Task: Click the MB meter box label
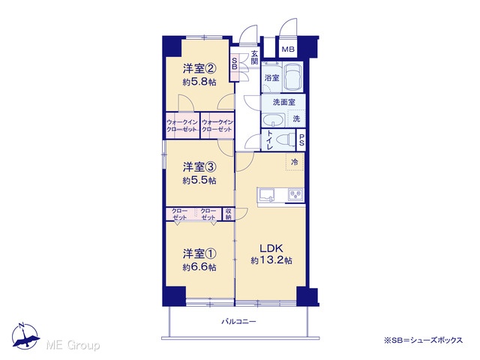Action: click(288, 49)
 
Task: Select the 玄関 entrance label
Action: click(254, 57)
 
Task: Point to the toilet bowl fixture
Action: click(285, 140)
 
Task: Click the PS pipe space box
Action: click(301, 139)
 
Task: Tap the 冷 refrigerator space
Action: click(295, 162)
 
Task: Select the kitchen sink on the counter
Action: click(267, 195)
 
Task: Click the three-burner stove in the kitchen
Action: click(295, 195)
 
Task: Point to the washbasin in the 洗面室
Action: click(273, 120)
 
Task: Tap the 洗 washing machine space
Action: click(296, 118)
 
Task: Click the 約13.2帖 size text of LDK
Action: click(271, 260)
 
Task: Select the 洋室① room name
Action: click(199, 253)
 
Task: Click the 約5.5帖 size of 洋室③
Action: click(199, 181)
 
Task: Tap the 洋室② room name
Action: click(199, 68)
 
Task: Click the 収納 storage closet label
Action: click(228, 214)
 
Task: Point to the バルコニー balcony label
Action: click(238, 322)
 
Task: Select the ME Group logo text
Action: click(73, 345)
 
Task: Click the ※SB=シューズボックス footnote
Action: click(423, 340)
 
